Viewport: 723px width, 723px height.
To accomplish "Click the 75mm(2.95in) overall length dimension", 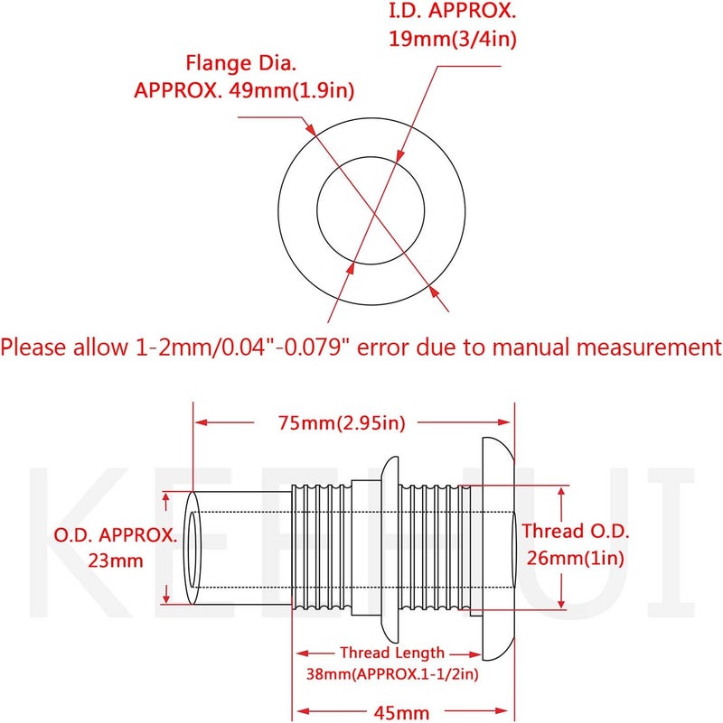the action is coord(342,422).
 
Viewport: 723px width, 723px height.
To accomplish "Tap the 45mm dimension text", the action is coord(400,713).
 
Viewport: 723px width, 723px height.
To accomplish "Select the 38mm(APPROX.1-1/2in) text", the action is coord(392,674).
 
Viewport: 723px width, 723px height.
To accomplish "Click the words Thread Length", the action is coord(392,653).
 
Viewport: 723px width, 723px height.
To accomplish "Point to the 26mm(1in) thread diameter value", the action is coord(576,559).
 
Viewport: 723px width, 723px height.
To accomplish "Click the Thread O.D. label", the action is coord(576,531).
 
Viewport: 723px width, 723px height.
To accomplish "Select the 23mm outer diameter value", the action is coord(116,561).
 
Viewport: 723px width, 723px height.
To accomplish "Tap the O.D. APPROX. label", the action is coord(116,535).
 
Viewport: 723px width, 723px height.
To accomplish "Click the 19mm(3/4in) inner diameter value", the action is coord(453,39).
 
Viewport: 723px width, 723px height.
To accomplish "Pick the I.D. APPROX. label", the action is coord(453,11).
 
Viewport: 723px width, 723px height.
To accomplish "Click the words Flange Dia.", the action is coord(240,63).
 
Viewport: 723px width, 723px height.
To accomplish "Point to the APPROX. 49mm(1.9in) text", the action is coord(244,90).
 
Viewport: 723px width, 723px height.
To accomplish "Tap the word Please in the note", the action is coord(33,347).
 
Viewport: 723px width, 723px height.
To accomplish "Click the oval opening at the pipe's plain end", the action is coord(192,548).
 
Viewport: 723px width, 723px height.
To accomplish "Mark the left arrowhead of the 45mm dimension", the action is coord(302,711).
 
